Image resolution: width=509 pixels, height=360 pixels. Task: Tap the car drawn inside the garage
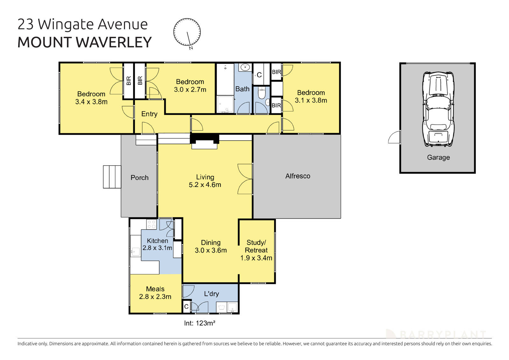[438, 109]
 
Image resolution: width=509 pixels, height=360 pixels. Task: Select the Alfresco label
[297, 176]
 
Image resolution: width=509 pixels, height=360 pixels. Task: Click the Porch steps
[112, 177]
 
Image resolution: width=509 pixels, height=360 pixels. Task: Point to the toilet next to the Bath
[261, 93]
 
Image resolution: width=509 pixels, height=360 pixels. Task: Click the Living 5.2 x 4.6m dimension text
[205, 185]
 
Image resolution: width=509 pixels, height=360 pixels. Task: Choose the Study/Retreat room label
[256, 246]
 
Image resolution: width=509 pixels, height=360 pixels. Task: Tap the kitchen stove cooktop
[151, 224]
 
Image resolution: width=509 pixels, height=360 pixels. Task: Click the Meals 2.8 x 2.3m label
[155, 293]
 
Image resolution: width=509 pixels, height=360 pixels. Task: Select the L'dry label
[212, 293]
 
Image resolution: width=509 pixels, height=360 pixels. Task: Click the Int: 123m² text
[199, 323]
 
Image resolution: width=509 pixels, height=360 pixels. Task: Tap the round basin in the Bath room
[245, 67]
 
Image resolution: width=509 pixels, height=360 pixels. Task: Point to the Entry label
[149, 114]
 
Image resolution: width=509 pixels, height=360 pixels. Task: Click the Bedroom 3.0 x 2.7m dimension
[190, 90]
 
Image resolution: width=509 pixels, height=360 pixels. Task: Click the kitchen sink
[136, 252]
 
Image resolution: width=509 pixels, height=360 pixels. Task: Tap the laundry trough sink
[232, 307]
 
